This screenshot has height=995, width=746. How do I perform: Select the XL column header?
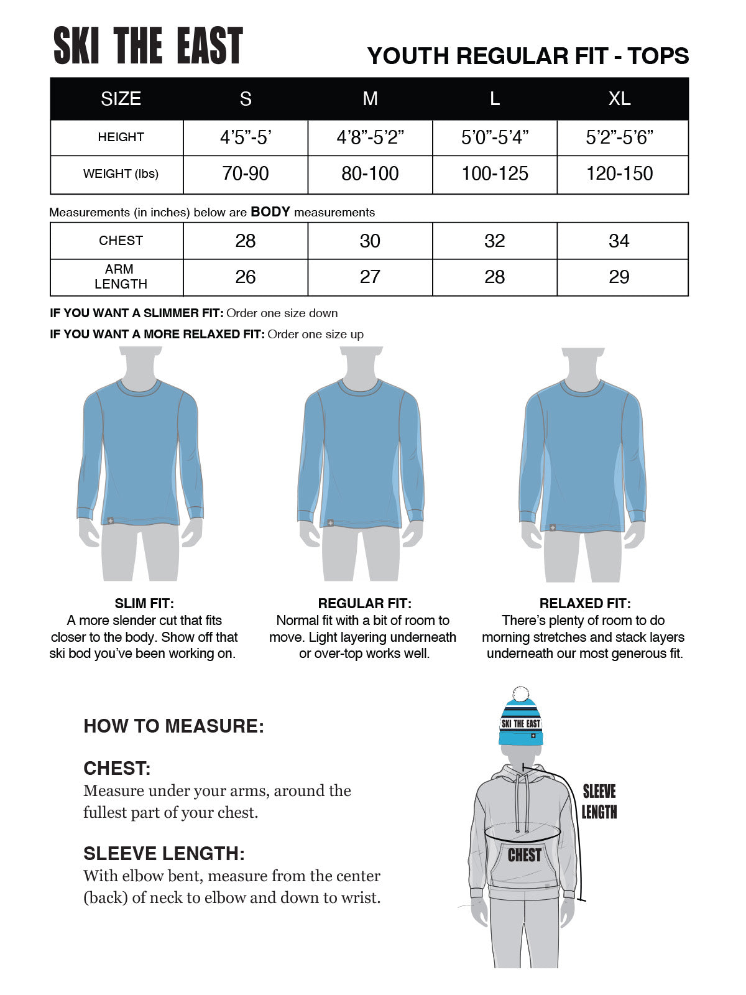click(x=619, y=99)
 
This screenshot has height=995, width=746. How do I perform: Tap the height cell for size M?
click(x=370, y=137)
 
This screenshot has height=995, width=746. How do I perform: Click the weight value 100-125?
click(x=495, y=174)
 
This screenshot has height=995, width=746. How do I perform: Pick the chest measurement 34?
click(x=619, y=241)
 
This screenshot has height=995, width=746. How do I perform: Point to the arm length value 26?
click(x=246, y=277)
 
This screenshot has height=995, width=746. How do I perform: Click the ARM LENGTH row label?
click(x=121, y=277)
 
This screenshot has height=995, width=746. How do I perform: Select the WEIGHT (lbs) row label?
click(x=121, y=174)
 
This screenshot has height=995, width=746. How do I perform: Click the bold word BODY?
click(x=270, y=212)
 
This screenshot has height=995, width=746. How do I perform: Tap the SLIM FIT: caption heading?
click(x=144, y=603)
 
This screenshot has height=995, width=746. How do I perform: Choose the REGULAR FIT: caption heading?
click(x=364, y=603)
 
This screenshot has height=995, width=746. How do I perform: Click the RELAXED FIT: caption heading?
click(x=584, y=603)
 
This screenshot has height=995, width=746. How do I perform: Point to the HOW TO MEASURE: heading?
click(x=173, y=726)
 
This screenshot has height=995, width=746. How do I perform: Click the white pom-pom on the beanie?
click(x=521, y=695)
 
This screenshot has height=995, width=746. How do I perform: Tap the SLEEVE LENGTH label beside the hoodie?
click(x=599, y=802)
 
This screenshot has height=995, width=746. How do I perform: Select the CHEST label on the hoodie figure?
click(x=524, y=856)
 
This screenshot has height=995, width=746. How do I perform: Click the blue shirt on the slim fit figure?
click(x=140, y=454)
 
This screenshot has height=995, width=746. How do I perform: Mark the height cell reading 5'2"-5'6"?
click(x=619, y=137)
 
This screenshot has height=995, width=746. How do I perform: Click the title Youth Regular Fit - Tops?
click(x=528, y=57)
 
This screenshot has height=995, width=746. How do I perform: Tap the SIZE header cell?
click(x=121, y=99)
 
